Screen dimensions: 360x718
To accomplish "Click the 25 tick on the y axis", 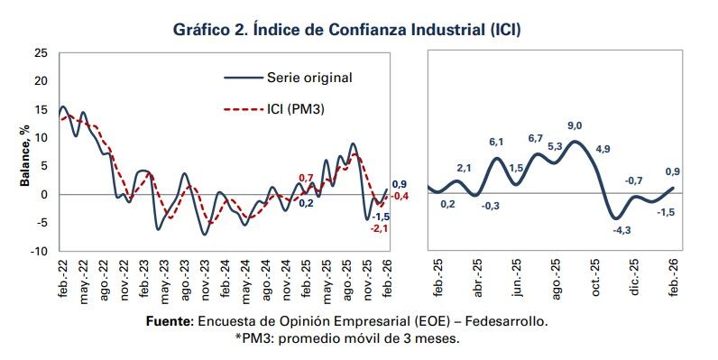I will (41, 53).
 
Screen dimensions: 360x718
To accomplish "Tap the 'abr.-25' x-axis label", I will (478, 277).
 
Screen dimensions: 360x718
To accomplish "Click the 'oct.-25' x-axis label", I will (596, 277).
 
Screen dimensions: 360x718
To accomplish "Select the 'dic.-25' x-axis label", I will (635, 277).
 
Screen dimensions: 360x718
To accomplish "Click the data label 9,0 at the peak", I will (575, 125).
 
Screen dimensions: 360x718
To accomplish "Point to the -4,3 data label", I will (621, 231).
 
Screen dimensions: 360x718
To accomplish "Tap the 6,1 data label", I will (496, 143).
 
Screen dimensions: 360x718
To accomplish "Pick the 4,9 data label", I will (603, 149).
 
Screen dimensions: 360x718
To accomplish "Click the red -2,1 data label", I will (380, 228).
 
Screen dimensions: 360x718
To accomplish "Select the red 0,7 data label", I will (306, 178).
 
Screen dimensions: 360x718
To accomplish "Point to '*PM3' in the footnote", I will (252, 338).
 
